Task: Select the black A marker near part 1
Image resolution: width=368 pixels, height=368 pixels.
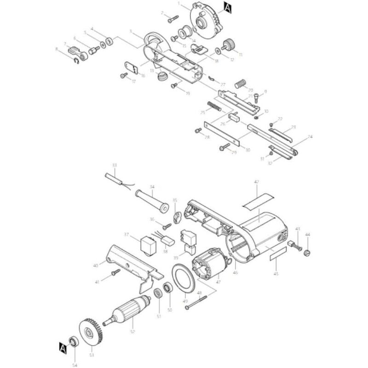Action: click(227, 6)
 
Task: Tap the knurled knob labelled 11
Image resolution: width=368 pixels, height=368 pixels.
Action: click(227, 45)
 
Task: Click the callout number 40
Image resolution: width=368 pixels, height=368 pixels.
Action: click(96, 265)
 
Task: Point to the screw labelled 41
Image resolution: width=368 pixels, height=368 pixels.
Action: click(115, 275)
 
